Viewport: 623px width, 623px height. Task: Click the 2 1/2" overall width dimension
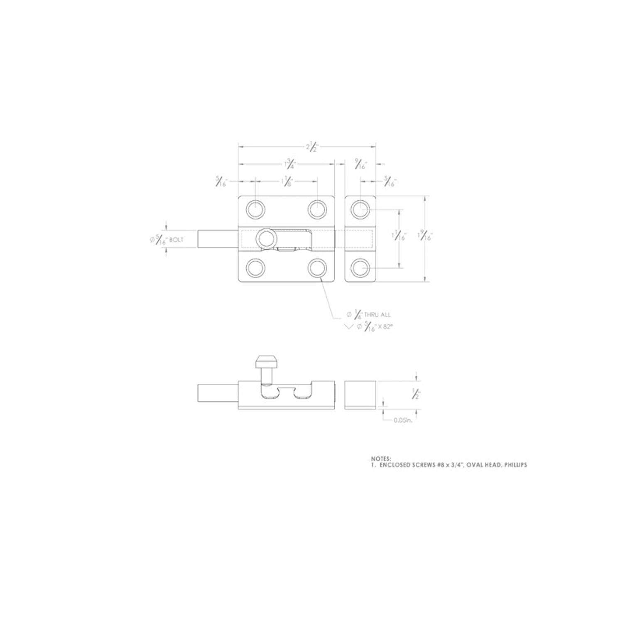[x=311, y=147]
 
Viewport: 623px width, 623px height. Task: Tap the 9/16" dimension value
[x=360, y=164]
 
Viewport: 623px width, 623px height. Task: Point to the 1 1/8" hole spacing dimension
[x=287, y=182]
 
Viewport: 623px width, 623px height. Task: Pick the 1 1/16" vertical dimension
[x=399, y=237]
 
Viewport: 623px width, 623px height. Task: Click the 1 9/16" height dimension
[x=425, y=237]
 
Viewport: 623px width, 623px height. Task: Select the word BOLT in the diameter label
[x=177, y=240]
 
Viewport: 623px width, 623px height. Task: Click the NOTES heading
[x=381, y=459]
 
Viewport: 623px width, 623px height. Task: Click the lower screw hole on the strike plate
[x=360, y=268]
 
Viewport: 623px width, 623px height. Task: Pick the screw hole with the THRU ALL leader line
[x=317, y=268]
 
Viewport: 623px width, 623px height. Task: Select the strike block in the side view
[x=361, y=395]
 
